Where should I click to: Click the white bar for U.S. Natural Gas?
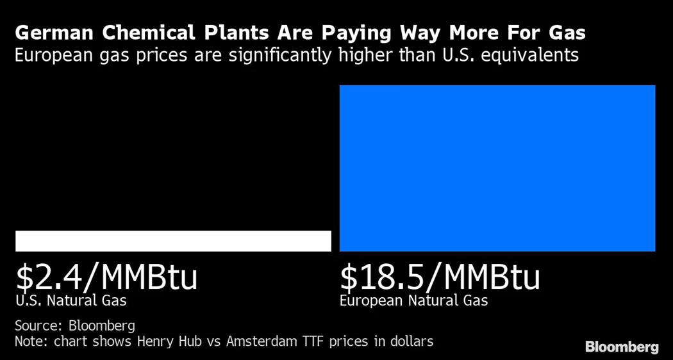pos(173,241)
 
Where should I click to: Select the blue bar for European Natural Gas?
pos(497,168)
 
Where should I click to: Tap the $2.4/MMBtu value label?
pos(106,277)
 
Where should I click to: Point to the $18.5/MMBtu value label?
pos(440,277)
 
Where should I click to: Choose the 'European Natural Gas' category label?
pos(413,300)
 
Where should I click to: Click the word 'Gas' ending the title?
pos(567,33)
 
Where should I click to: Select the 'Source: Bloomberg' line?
pos(74,325)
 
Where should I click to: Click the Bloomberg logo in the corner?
pos(621,347)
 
